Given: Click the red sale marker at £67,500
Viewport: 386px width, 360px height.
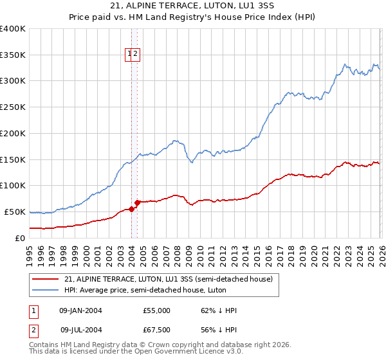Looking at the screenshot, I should pos(137,203).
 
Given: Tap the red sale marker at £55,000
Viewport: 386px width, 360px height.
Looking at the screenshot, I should pos(131,209).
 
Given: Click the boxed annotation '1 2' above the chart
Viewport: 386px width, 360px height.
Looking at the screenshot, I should pos(133,55).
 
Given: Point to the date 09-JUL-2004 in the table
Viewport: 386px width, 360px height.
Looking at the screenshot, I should pos(80,330).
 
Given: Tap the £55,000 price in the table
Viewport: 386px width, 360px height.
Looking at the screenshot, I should pos(156,310).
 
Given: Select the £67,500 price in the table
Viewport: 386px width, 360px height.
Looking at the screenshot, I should pos(156,330).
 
